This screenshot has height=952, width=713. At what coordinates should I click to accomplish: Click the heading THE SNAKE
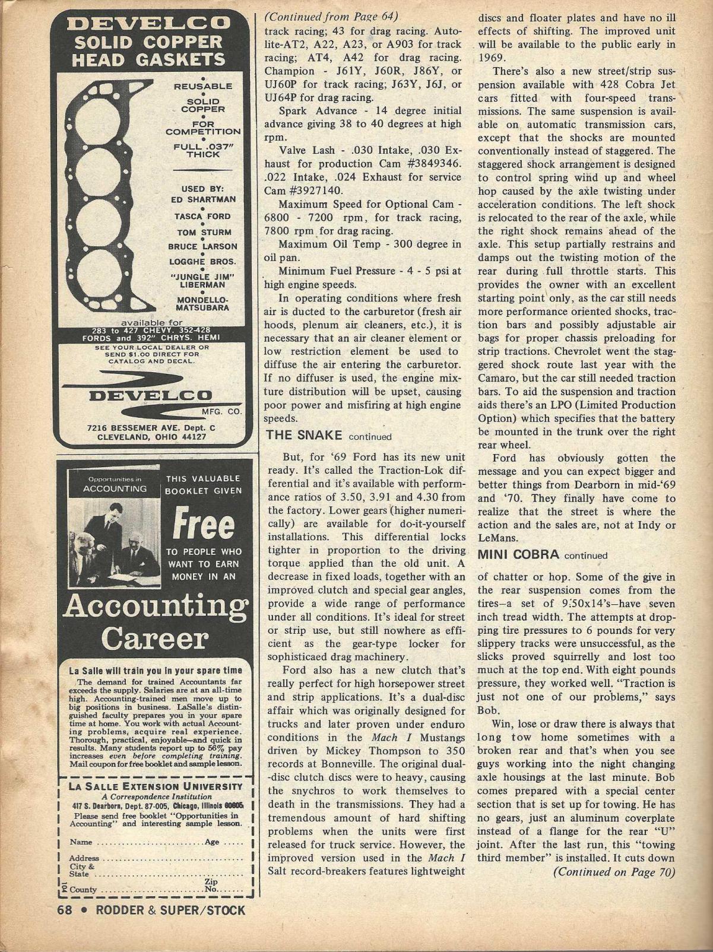point(305,435)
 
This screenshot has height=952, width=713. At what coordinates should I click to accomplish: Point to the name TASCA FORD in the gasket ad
point(201,216)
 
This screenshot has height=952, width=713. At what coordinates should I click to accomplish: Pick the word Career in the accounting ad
point(155,639)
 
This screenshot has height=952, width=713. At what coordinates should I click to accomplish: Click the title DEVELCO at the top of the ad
point(149,24)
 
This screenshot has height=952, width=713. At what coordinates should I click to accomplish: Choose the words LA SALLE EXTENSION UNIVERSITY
point(157,786)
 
